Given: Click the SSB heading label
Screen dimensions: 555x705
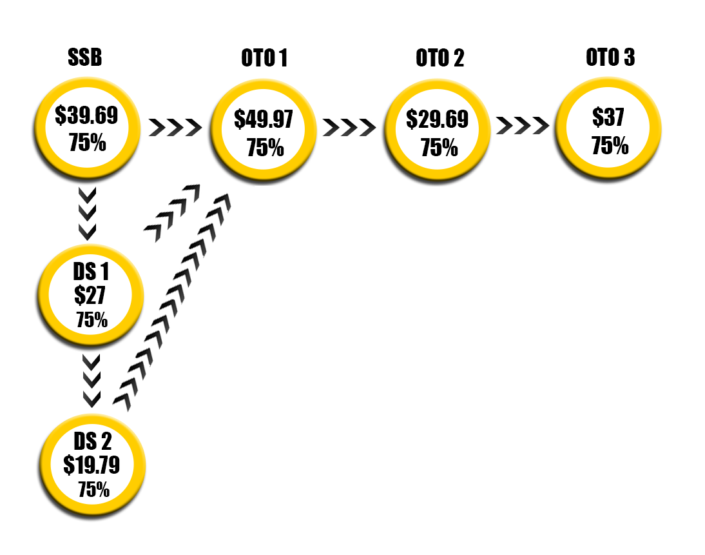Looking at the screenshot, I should (85, 58).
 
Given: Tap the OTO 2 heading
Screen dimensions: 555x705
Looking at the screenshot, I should (440, 58).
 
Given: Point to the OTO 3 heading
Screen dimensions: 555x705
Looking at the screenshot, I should (610, 57).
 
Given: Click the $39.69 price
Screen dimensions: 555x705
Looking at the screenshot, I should (86, 116).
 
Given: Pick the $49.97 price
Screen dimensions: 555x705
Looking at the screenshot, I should (264, 119).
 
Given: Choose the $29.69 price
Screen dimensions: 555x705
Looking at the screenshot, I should (438, 119).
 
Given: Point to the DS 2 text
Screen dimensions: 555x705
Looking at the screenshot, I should (92, 441).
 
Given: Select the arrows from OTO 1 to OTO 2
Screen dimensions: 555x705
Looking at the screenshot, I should (349, 127).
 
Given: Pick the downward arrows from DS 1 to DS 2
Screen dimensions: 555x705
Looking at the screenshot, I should (92, 379).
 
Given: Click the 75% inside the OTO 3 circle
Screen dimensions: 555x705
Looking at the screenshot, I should (610, 146).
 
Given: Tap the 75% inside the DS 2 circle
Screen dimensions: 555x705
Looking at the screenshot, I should (93, 489).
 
